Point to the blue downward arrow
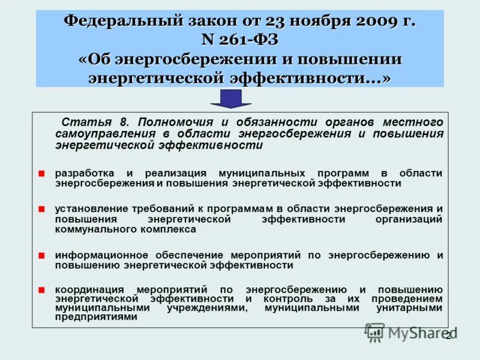(x=230, y=98)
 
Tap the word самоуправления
(x=107, y=134)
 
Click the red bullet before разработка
(x=41, y=173)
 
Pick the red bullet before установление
(x=41, y=209)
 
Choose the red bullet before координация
(x=41, y=289)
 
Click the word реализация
(x=173, y=173)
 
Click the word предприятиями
(x=96, y=317)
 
